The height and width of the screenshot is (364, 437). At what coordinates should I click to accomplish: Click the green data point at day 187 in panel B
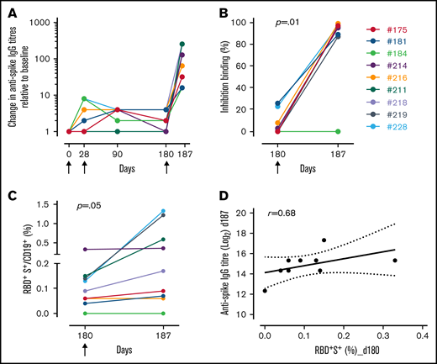coord(337,131)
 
